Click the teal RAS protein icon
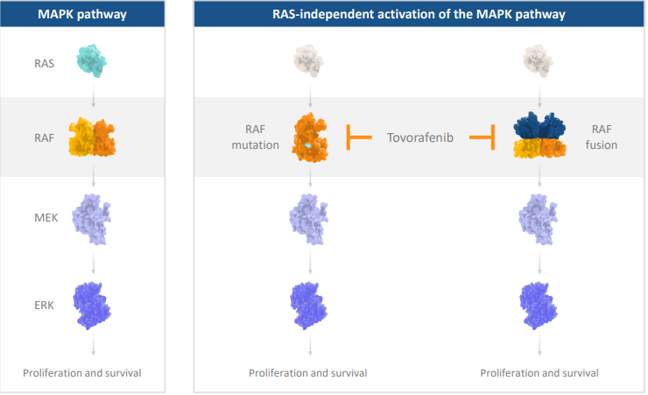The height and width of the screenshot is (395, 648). (x=91, y=60)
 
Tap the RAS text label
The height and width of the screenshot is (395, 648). (x=44, y=64)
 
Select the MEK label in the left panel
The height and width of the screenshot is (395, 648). (x=46, y=218)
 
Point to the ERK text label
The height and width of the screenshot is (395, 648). (x=44, y=306)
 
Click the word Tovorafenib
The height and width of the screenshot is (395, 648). (x=419, y=138)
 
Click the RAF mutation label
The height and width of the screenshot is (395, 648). (x=256, y=138)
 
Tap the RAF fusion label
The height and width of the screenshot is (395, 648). (x=602, y=138)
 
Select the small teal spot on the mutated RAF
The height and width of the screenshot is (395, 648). (x=307, y=146)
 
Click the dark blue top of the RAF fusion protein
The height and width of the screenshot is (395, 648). (x=539, y=125)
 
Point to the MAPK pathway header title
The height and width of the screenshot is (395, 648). (x=82, y=15)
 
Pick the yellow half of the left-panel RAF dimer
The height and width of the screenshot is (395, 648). (x=81, y=137)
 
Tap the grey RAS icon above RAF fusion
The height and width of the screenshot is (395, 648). (x=538, y=60)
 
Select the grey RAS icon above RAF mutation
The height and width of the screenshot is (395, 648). (x=309, y=60)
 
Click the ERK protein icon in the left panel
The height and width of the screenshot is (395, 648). (x=92, y=306)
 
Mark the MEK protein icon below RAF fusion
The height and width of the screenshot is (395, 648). (x=538, y=219)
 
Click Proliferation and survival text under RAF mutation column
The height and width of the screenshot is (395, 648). (x=308, y=373)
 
